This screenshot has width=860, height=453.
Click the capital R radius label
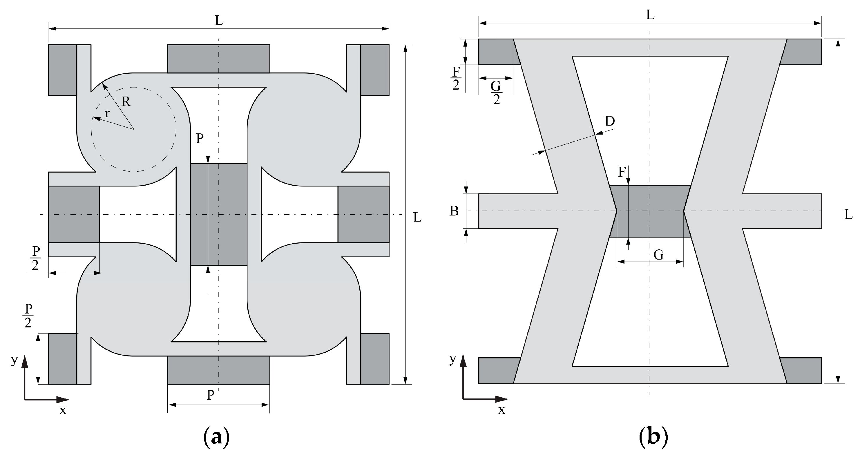click(x=126, y=102)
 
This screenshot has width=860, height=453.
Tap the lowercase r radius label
click(x=107, y=113)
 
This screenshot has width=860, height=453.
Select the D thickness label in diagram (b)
click(x=610, y=122)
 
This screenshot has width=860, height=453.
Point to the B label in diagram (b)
click(x=454, y=211)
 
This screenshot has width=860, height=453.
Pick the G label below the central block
click(x=658, y=255)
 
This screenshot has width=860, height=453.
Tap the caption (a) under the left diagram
click(x=216, y=436)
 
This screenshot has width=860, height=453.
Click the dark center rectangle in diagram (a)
click(x=219, y=214)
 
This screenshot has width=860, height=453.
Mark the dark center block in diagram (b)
click(x=650, y=211)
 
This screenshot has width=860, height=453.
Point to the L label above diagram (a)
click(x=219, y=21)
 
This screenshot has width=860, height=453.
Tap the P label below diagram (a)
click(x=210, y=395)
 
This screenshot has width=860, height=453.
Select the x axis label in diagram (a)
click(x=63, y=411)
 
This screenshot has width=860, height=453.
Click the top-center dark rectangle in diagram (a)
click(x=219, y=58)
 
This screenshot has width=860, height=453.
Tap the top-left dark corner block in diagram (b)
click(x=497, y=52)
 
